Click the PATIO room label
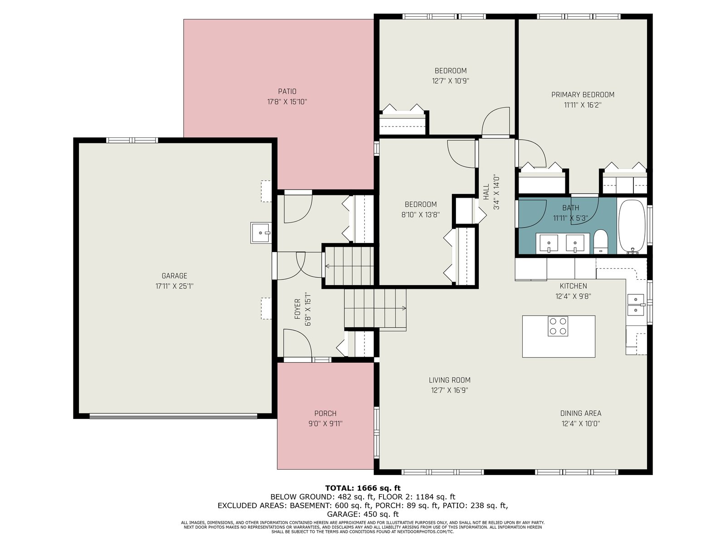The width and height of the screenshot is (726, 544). [x=287, y=91]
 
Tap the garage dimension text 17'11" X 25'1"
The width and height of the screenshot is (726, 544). [x=174, y=286]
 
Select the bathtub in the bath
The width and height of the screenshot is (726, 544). [x=632, y=227]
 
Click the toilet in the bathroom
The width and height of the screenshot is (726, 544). [x=601, y=242]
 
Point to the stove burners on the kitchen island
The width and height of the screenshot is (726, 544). [x=558, y=326]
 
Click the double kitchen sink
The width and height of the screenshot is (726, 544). [x=636, y=305]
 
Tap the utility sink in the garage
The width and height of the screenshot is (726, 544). [x=260, y=233]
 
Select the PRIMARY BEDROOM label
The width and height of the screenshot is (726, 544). [x=583, y=95]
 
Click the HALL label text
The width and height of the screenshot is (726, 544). [x=486, y=192]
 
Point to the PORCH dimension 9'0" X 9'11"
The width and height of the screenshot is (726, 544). [x=325, y=423]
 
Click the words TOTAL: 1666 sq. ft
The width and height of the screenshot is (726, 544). [x=363, y=488]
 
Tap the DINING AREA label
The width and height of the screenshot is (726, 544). [x=580, y=413]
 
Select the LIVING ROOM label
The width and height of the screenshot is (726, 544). [x=450, y=380]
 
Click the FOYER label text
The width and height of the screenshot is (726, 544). [x=297, y=309]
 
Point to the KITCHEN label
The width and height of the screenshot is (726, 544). [x=573, y=286]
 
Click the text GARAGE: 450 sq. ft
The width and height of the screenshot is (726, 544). [x=363, y=514]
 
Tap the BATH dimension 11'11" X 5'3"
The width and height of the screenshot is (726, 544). [x=570, y=219]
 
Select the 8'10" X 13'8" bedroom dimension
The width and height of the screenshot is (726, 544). [x=420, y=215]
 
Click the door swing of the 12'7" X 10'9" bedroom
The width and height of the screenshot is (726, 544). [x=495, y=121]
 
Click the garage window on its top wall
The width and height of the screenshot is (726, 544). [x=132, y=140]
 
